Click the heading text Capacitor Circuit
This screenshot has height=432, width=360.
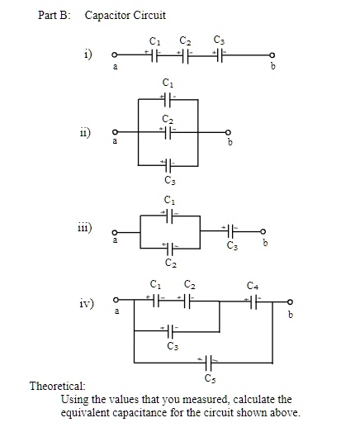coord(125,15)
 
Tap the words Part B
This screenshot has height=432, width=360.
coord(56,15)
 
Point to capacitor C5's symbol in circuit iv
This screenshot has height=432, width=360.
coord(206,361)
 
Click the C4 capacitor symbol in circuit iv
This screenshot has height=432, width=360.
coord(253,301)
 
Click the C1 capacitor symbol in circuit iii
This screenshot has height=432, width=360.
coord(168,214)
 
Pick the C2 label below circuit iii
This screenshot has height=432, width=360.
coord(170,263)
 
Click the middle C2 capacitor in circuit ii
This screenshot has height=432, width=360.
coord(168,131)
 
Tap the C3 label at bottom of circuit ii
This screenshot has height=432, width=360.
coord(168,178)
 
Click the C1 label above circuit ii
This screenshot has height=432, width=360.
coord(168,83)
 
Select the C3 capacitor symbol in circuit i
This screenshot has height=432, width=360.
coord(217,55)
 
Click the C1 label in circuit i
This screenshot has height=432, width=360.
coord(154,40)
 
